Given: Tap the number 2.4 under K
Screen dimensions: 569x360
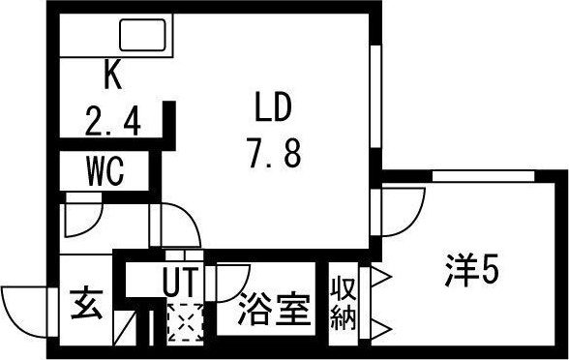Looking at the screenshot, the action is point(112,122).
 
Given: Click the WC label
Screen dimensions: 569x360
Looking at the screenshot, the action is point(104,172).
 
